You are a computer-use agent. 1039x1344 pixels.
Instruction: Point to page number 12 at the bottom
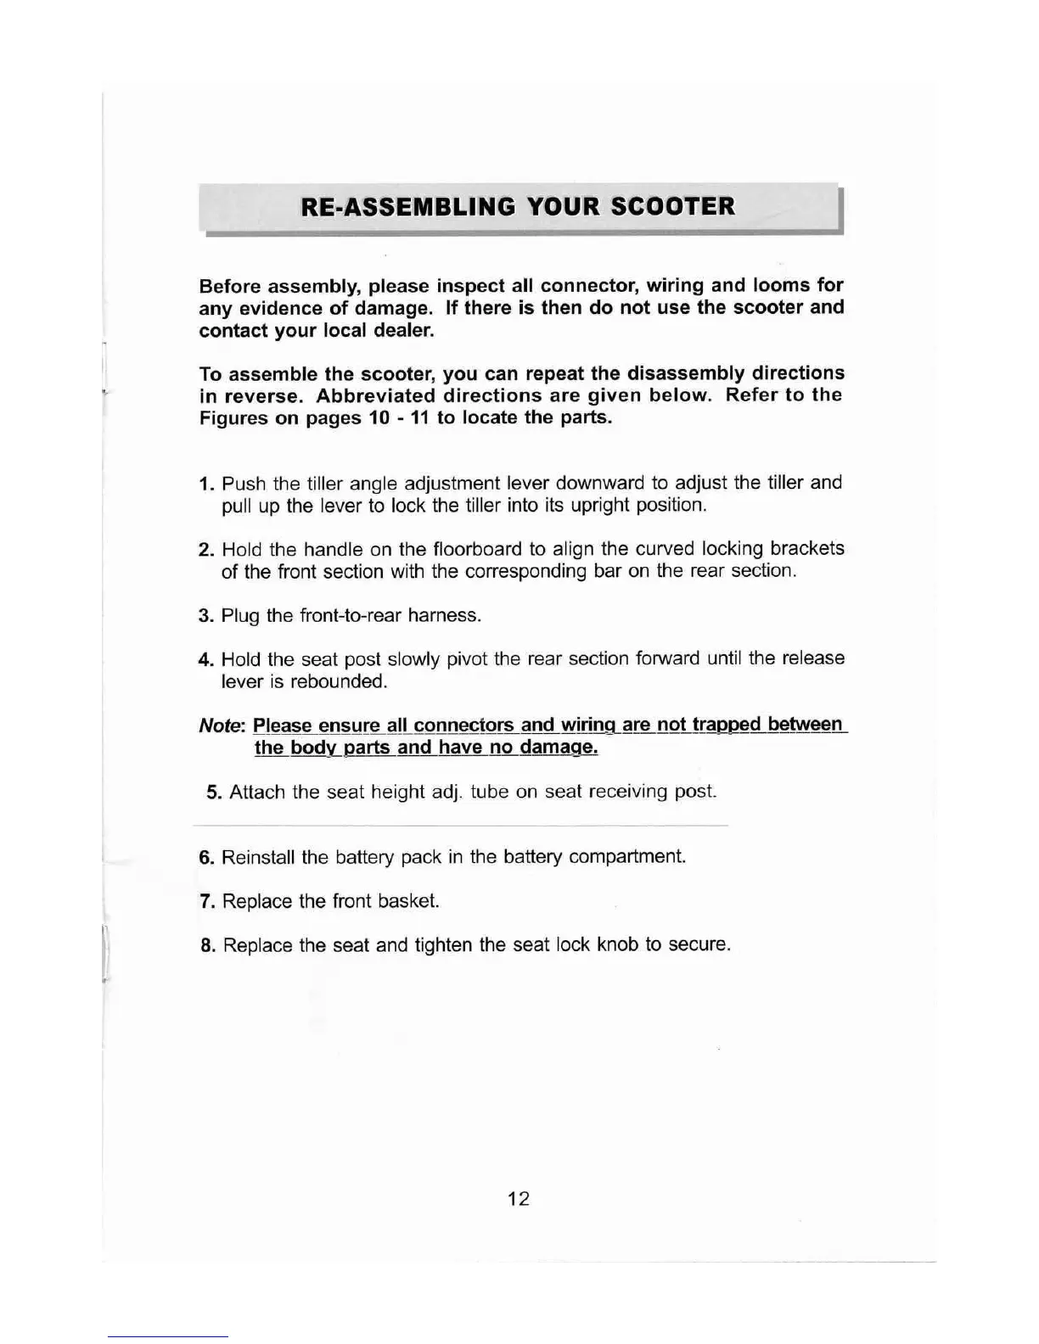[x=519, y=1199]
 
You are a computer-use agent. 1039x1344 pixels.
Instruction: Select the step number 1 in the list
[x=205, y=484]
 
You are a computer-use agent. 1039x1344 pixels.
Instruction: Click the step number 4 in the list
[x=205, y=660]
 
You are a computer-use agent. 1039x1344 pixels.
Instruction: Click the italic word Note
[x=221, y=726]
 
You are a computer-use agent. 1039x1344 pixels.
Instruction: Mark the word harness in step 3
[x=444, y=615]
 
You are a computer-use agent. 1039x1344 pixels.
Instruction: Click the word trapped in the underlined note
[x=727, y=725]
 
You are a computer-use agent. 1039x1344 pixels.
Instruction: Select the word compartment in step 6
[x=626, y=857]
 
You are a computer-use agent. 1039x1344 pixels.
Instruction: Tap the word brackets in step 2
[x=807, y=549]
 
